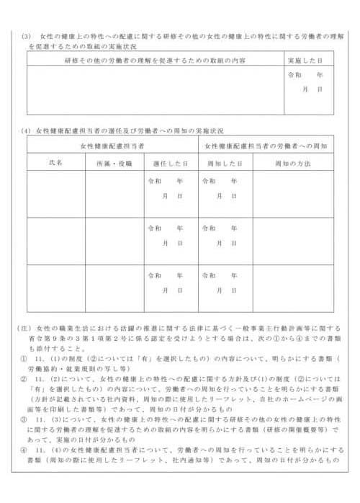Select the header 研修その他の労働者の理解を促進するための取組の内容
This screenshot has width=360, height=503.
(154, 59)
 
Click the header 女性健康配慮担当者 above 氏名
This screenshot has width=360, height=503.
(112, 146)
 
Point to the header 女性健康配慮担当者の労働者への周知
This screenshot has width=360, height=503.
(266, 146)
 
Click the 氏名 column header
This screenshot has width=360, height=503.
(56, 164)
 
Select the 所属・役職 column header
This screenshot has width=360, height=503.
(114, 164)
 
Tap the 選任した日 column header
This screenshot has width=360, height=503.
(171, 164)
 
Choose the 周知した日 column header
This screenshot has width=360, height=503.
(225, 164)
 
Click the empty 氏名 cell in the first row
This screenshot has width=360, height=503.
(56, 194)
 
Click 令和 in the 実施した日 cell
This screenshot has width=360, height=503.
(294, 75)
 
